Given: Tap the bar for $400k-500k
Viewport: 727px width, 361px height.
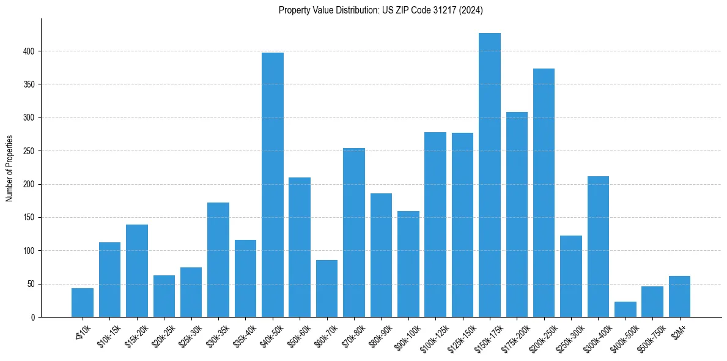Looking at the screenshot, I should coord(626,310).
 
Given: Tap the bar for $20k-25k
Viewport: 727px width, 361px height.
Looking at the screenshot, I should coord(164,296).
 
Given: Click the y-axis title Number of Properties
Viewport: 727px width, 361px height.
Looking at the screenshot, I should coord(9,168).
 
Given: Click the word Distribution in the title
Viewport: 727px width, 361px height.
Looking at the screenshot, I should coord(344,10).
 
